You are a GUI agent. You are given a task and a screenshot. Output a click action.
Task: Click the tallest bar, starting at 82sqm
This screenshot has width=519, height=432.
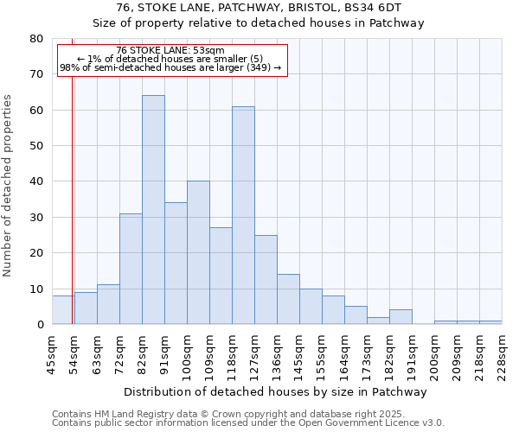point(153,210)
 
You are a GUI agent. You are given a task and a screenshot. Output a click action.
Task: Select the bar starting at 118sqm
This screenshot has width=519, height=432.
point(243,215)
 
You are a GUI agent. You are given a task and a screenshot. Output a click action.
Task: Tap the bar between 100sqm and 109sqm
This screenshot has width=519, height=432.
point(198,252)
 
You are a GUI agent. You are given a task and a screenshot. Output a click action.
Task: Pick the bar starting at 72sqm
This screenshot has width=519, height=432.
point(131,269)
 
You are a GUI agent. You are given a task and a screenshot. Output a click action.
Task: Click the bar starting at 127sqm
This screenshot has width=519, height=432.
point(266,279)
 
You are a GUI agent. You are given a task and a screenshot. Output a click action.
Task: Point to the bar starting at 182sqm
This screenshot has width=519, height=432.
point(400,317)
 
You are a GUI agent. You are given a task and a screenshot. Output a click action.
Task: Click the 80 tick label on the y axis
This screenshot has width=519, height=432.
point(35,39)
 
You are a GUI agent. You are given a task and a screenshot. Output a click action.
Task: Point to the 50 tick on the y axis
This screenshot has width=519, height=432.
point(35,146)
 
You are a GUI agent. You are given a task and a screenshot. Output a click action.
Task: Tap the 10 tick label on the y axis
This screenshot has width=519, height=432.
point(35,289)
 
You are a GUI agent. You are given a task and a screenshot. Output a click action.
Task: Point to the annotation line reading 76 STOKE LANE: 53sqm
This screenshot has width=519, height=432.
point(170,50)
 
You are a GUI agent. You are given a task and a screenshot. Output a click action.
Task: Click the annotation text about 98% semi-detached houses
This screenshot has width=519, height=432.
point(170,67)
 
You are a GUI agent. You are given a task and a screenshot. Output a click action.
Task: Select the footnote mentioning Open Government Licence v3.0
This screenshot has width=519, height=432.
point(248,423)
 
